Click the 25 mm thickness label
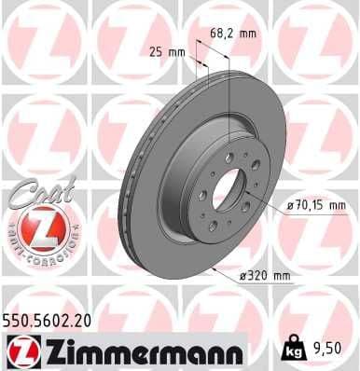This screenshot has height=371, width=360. point(167,52)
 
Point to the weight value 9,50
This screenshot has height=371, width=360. point(325,351)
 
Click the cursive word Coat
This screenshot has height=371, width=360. point(35,190)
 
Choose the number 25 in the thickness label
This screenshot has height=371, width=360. point(157,52)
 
